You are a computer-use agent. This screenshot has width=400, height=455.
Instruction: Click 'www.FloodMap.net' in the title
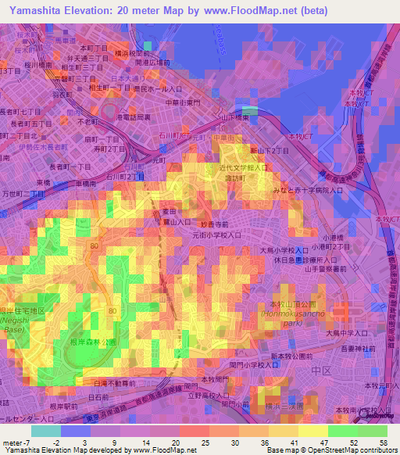tap(252, 10)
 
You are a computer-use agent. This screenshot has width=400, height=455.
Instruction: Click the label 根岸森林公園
tap(93, 342)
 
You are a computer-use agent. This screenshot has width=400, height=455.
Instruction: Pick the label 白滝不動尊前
tap(112, 384)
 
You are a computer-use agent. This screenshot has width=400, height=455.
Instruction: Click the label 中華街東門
tap(184, 102)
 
